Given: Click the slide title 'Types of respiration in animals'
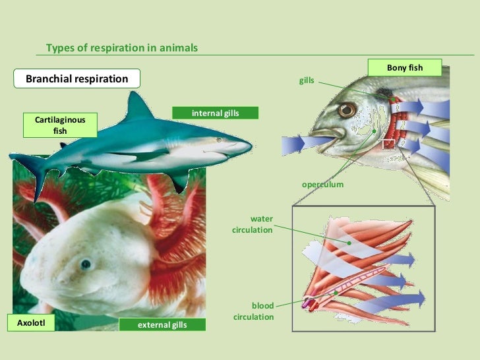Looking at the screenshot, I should click(121, 48).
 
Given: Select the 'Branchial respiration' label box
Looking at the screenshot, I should click(76, 79).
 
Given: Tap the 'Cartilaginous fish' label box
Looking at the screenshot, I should click(59, 125).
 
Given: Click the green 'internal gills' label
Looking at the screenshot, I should click(215, 113).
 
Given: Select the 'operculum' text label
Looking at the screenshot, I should click(322, 185).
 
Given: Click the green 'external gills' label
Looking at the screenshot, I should click(162, 324).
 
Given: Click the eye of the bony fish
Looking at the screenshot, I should click(347, 110).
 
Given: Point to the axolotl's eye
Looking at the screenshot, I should click(86, 265).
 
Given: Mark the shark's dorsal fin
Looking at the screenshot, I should click(138, 105).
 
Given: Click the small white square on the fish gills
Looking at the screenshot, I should click(389, 144).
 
